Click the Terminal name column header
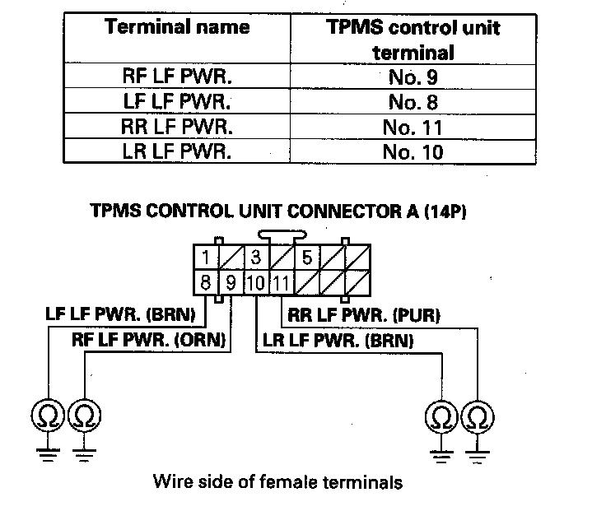(x=177, y=27)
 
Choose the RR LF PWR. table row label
(x=177, y=128)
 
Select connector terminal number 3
(x=256, y=257)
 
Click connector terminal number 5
(x=306, y=257)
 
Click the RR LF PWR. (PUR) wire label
(x=364, y=314)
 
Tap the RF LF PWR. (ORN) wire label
(x=151, y=338)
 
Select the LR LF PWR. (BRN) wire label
(x=337, y=338)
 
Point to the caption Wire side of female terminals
(x=278, y=481)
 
